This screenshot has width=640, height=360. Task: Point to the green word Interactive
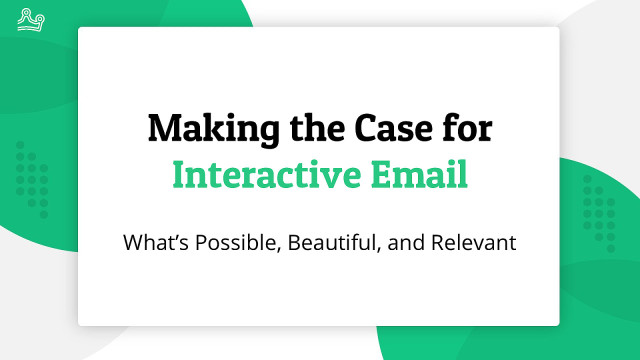[x=266, y=175]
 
